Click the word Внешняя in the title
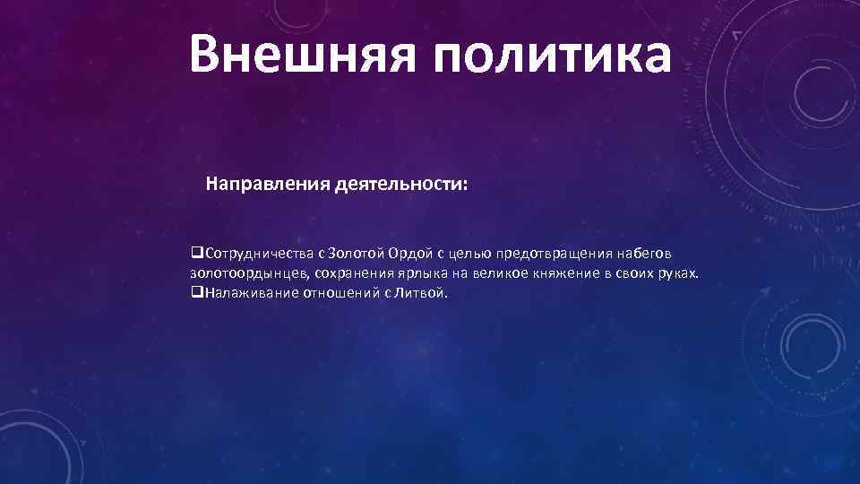[292, 53]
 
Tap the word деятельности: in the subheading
[401, 185]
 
